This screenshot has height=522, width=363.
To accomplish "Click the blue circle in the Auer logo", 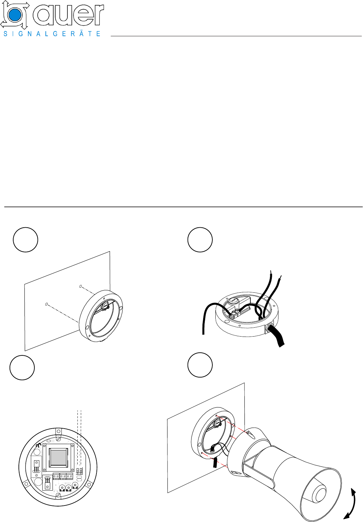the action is [14, 15].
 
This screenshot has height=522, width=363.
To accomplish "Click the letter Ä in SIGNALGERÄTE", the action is [81, 33].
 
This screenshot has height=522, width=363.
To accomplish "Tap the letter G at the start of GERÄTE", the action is [55, 34].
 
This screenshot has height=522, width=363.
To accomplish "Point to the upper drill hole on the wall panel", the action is [81, 286].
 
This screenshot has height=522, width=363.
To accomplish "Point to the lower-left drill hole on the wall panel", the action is [47, 304].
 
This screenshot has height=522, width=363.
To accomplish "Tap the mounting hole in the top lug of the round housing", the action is [58, 431].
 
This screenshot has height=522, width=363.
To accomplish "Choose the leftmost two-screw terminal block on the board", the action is [56, 475].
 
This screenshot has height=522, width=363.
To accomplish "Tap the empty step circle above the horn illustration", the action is [200, 365].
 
